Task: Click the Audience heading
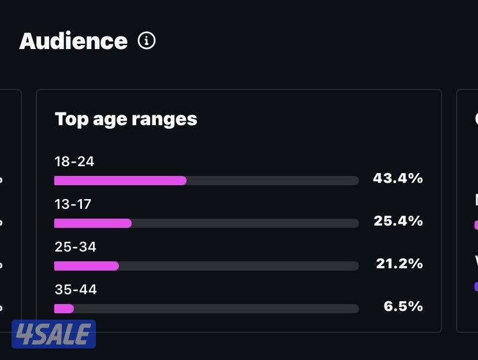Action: coord(73,42)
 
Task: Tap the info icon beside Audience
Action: coord(147,41)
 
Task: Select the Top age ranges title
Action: coord(126,119)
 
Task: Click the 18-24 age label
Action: coord(74,162)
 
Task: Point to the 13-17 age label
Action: coord(73,204)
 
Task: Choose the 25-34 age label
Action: coord(75,247)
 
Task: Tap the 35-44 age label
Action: coord(76,290)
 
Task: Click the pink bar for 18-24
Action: coord(120,181)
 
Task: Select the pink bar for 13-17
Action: coord(93,223)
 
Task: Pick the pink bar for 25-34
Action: coord(87,266)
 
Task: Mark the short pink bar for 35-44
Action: coord(64,309)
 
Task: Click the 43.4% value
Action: coord(398,179)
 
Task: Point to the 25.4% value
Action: coord(398,222)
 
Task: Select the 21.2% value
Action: coord(399,264)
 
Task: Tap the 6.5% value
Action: coord(403,306)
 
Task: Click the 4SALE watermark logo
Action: coord(54,334)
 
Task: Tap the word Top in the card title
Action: coord(68,119)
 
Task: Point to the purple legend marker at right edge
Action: coord(476,286)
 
